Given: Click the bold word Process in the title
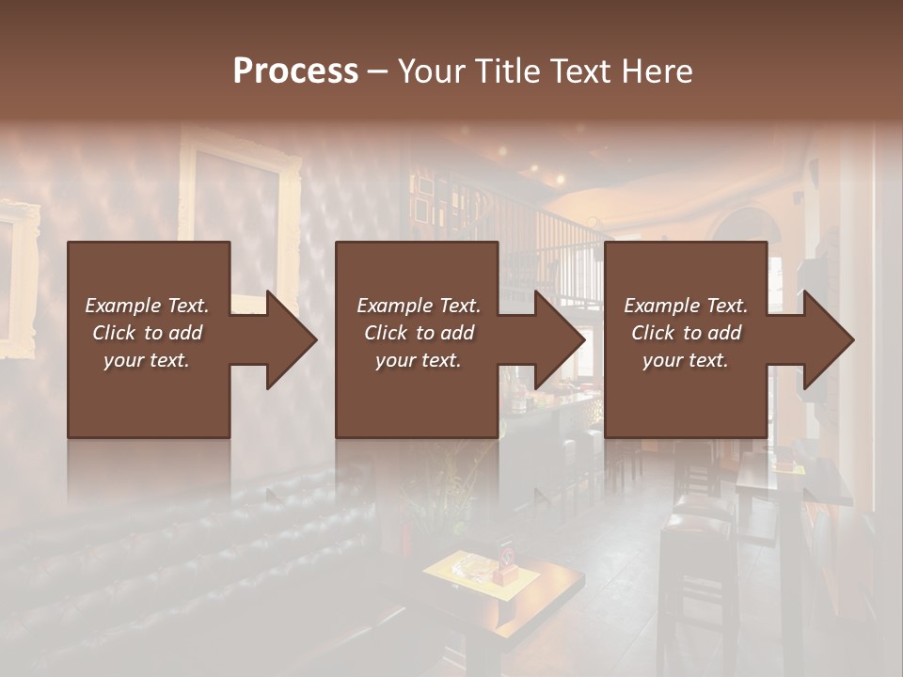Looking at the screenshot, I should pos(295,71).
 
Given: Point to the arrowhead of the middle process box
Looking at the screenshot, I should pos(558,339).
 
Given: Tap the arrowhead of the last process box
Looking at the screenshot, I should pos(827,339).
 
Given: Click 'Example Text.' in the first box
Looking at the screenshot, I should pos(147,306).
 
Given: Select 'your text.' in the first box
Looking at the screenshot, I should pos(147,360).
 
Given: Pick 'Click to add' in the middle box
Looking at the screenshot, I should pos(419,333).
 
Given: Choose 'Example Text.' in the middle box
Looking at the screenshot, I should pos(419,306).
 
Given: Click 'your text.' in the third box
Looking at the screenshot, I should pos(686,360).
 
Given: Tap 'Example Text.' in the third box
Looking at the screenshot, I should pos(686,306).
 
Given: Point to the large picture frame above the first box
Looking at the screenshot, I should pos(240,188).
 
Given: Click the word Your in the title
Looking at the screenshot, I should pos(431,71).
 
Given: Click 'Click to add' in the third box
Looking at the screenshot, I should pos(686,333).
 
